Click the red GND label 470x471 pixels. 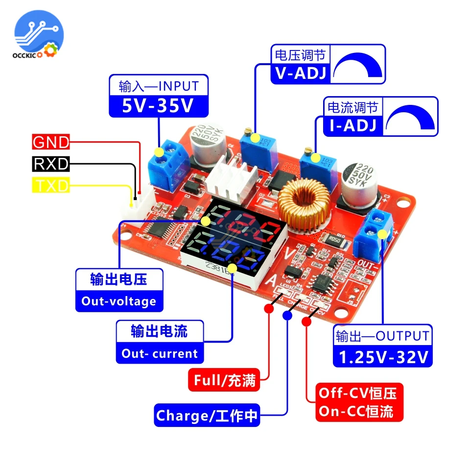click(x=51, y=142)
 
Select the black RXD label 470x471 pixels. click(x=51, y=164)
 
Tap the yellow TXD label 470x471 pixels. click(x=51, y=185)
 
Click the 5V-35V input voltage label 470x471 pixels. click(x=158, y=106)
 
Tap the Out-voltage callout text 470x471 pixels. click(x=119, y=300)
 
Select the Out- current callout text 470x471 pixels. click(x=160, y=353)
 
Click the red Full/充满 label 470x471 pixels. click(x=225, y=380)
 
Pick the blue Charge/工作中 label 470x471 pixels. click(x=207, y=416)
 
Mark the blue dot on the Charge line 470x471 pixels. click(x=287, y=316)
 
